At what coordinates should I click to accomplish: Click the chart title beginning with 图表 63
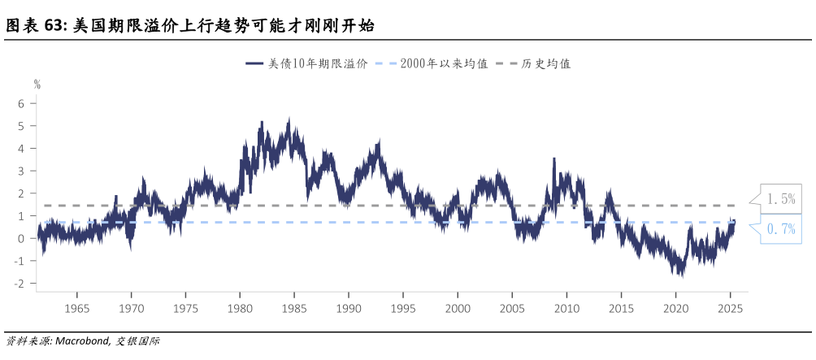point(190,26)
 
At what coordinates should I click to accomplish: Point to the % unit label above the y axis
point(37,83)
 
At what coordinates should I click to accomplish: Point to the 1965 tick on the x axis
point(76,309)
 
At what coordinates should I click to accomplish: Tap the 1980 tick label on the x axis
point(240,309)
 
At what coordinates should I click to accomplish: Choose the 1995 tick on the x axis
point(403,309)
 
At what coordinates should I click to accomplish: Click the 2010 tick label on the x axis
point(567,309)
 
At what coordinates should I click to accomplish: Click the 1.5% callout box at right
point(780,199)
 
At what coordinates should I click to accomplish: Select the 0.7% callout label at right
point(780,229)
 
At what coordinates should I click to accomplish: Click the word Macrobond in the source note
point(81,341)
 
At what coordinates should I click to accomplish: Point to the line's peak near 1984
point(289,119)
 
